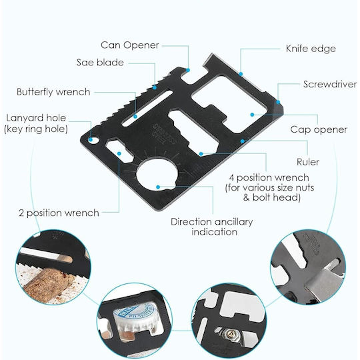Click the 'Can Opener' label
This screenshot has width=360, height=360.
(x=130, y=45)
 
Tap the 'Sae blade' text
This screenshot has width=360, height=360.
(x=100, y=63)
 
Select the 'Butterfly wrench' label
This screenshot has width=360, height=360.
(x=53, y=92)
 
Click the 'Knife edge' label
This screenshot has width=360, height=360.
(x=311, y=49)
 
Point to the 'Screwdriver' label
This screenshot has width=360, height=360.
(x=330, y=84)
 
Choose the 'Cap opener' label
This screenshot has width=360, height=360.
(x=319, y=130)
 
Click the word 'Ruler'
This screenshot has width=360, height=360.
(x=308, y=162)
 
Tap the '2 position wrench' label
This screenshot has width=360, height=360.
(x=59, y=213)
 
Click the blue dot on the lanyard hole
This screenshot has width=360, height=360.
(x=91, y=139)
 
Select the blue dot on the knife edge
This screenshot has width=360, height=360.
(x=241, y=74)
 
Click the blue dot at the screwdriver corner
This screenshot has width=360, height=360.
(x=278, y=102)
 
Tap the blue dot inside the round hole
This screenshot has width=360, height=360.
(x=158, y=187)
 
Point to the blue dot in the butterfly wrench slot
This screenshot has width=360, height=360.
(x=135, y=117)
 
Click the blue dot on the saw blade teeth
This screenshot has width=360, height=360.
(x=155, y=87)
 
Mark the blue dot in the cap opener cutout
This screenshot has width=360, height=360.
(x=252, y=115)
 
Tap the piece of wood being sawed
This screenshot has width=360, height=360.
(x=47, y=283)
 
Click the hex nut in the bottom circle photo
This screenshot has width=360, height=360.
(x=229, y=333)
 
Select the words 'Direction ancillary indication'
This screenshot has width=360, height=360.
(x=212, y=227)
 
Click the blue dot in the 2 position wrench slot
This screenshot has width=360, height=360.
(x=119, y=153)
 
